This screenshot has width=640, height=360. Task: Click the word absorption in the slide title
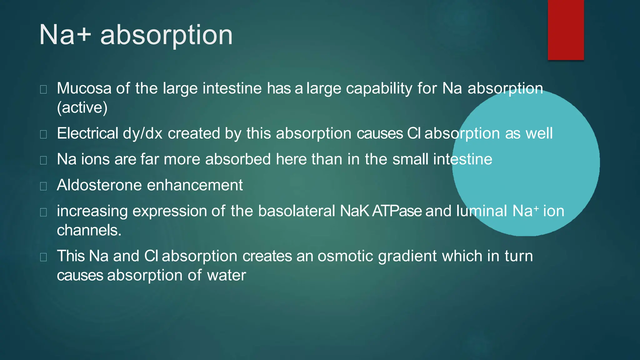tap(166, 35)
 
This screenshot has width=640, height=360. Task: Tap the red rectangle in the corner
tap(566, 30)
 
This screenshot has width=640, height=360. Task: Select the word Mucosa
tap(84, 88)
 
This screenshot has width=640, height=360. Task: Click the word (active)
tap(82, 108)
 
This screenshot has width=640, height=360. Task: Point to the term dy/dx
tap(142, 133)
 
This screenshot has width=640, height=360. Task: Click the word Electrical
tap(87, 133)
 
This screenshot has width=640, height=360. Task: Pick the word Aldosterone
tap(99, 185)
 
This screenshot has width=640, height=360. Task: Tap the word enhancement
tap(195, 185)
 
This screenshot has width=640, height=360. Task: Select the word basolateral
tap(297, 211)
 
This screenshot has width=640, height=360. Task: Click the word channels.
tap(89, 230)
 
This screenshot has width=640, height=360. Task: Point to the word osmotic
tap(345, 256)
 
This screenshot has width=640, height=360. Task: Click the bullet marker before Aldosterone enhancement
tap(43, 186)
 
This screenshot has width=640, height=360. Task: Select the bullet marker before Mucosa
tap(43, 90)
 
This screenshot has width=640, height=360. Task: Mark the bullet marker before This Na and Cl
tap(43, 257)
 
